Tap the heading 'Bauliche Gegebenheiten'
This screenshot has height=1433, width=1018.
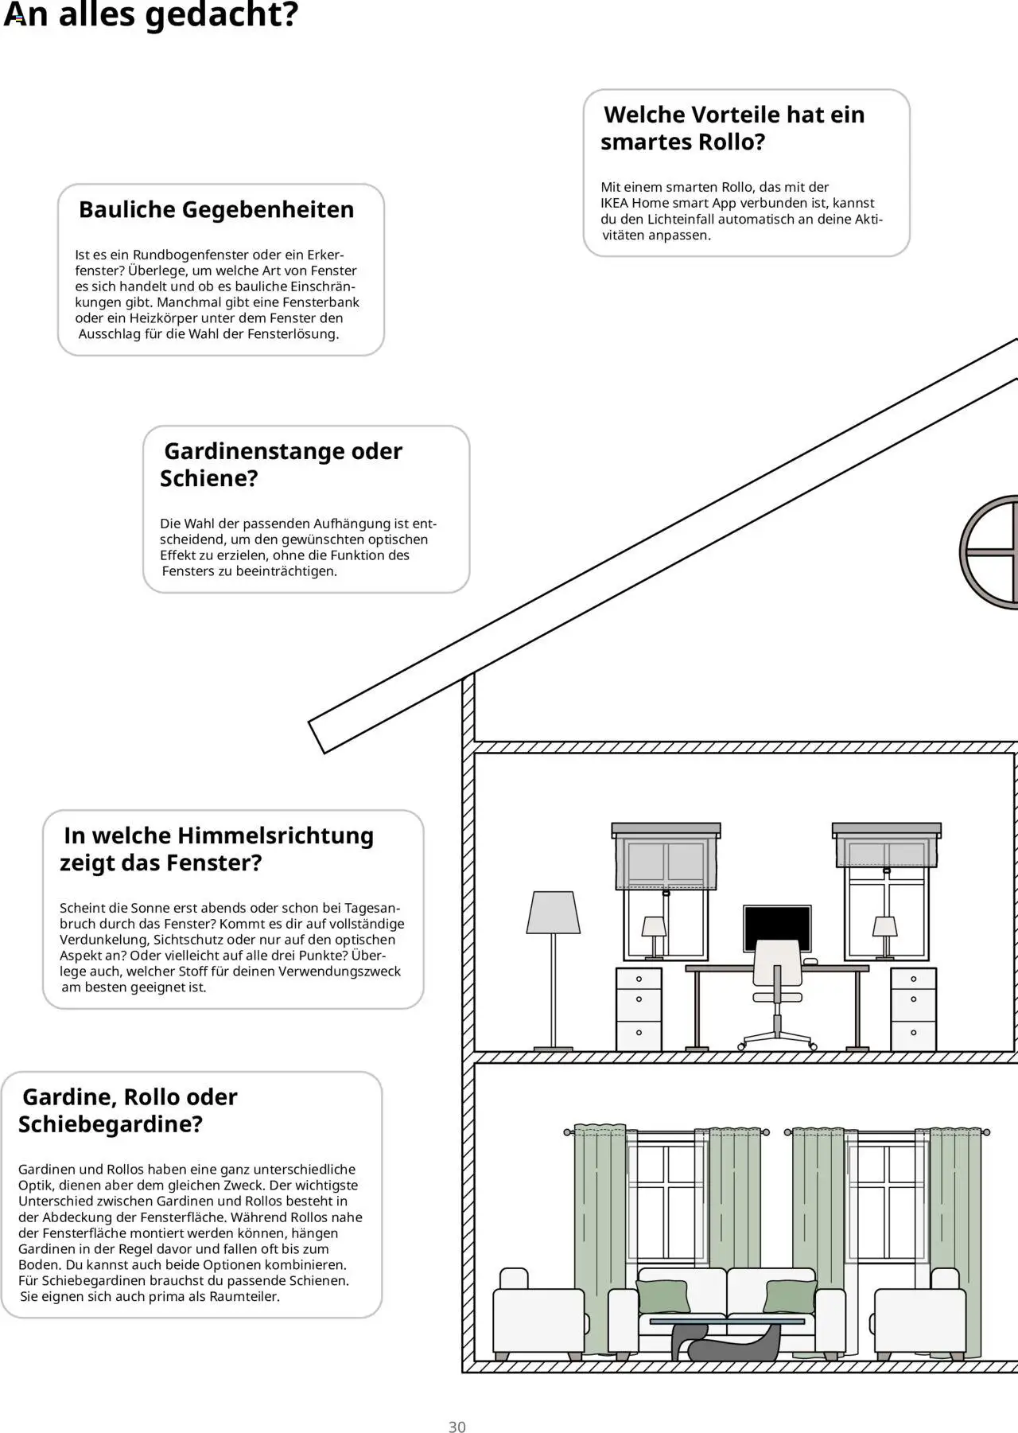216,210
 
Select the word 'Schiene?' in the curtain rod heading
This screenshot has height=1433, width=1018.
208,479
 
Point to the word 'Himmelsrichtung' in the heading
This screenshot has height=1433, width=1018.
275,836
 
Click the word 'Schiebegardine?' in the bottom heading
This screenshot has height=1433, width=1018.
111,1125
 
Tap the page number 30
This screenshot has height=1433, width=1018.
457,1404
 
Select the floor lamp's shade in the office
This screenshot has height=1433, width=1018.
554,913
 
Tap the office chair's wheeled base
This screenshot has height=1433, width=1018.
778,1038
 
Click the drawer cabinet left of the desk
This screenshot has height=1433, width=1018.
639,1010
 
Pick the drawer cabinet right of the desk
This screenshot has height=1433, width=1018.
913,1010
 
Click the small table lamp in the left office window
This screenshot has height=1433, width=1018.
654,935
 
